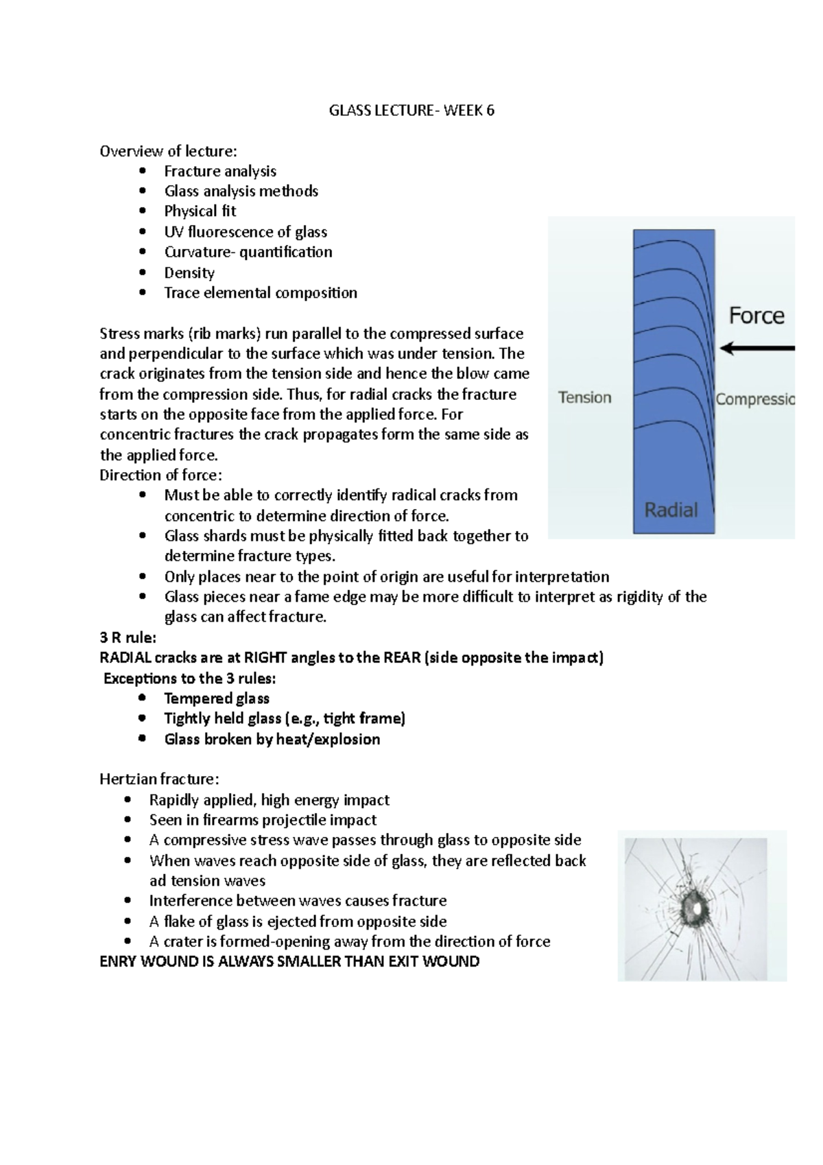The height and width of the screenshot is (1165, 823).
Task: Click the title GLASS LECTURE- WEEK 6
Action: (x=411, y=110)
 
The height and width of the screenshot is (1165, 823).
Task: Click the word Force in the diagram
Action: (x=756, y=316)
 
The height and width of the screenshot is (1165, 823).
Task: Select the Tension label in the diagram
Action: (x=584, y=398)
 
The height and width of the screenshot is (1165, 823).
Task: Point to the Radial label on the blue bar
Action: (x=671, y=510)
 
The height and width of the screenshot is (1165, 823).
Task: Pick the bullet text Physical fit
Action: (x=200, y=211)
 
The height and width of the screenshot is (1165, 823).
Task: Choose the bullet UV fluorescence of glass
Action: (x=245, y=232)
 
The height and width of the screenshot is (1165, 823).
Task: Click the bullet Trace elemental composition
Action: (x=260, y=293)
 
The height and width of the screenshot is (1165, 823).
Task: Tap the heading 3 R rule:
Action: (x=128, y=637)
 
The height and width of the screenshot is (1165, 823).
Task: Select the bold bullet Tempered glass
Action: (x=216, y=698)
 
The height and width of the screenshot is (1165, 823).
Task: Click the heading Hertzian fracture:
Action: (x=159, y=779)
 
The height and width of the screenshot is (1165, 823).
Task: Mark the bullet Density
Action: (x=189, y=273)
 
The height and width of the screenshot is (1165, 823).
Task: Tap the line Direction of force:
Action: (x=160, y=475)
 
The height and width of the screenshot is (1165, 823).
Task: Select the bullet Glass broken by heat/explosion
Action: (x=272, y=740)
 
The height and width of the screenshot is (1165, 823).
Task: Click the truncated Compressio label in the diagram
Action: (x=754, y=399)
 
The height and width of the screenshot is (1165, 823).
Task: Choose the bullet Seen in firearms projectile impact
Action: (x=263, y=820)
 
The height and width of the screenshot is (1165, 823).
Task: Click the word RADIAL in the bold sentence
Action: (x=125, y=658)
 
